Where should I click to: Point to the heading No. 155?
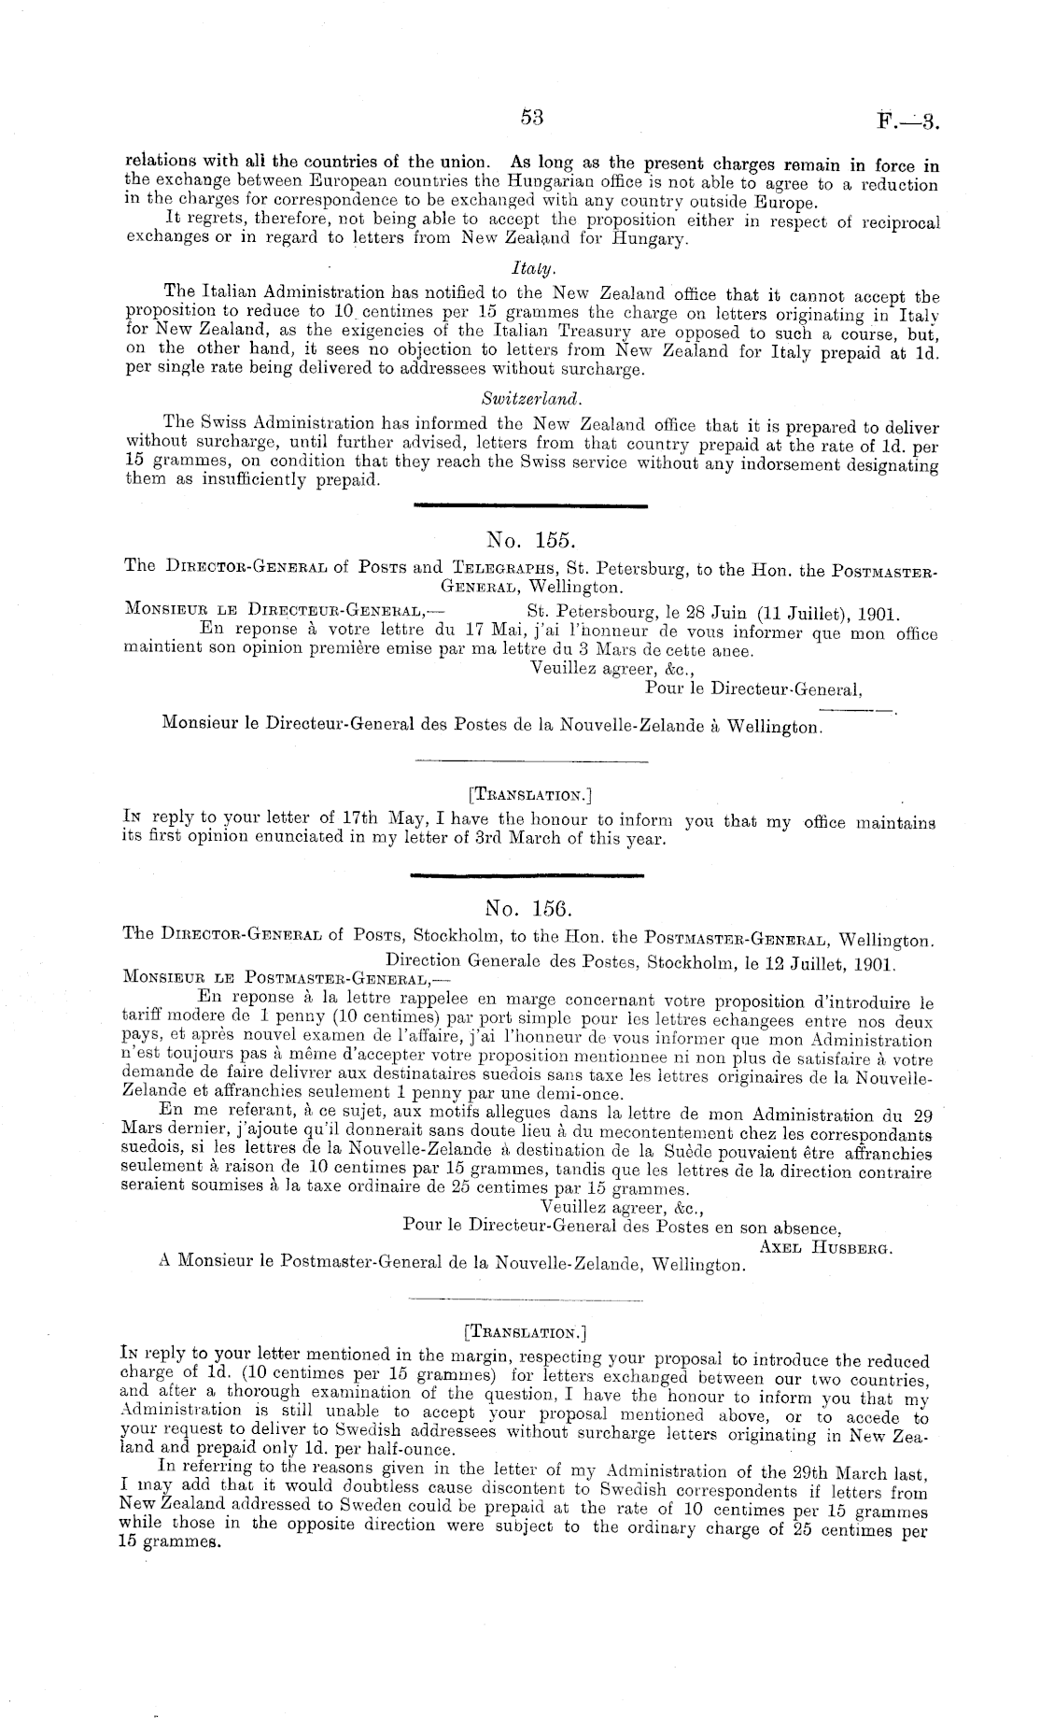(530, 539)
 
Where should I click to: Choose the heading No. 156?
(529, 907)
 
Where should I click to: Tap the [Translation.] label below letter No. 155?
(531, 796)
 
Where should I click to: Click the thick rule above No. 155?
(529, 506)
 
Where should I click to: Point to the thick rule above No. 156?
(527, 875)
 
